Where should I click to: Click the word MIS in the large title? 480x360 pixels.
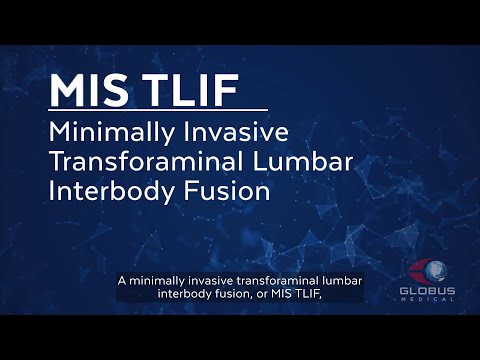tap(90, 89)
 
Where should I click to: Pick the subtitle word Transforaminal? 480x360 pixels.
tap(134, 161)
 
